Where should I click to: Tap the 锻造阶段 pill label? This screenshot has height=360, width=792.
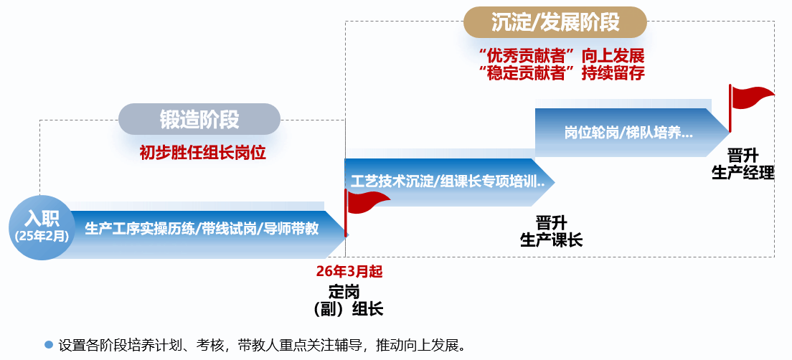pos(199,120)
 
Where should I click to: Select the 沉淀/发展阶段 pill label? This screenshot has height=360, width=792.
pos(555,22)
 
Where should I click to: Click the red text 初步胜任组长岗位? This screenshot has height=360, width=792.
pos(203,153)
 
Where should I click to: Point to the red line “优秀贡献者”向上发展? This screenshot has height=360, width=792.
pos(562,56)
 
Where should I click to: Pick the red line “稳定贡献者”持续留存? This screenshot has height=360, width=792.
pos(562,72)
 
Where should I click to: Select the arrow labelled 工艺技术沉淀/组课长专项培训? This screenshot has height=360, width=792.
pos(448,181)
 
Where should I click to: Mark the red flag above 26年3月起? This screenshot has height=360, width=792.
pos(367,202)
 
